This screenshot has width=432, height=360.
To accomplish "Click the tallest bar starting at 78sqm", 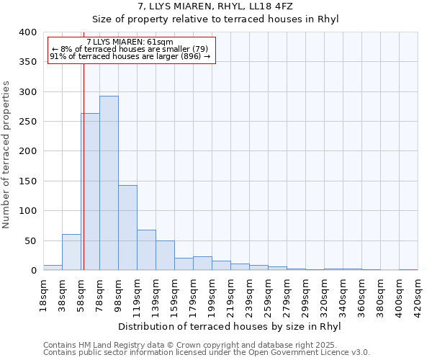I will point(109,183).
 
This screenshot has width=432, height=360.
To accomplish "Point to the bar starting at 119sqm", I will point(146,250).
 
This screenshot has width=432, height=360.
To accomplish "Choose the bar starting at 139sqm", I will point(165,256).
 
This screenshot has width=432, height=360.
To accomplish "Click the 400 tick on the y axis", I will point(27,32).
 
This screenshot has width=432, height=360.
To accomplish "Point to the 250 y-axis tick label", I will point(27,122).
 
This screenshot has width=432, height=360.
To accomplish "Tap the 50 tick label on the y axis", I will point(30,240).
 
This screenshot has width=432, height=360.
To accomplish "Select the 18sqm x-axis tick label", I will point(44,294).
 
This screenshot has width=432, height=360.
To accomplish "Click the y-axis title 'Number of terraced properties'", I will point(7,155).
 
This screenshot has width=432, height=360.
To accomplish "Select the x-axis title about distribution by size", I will point(228,326).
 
